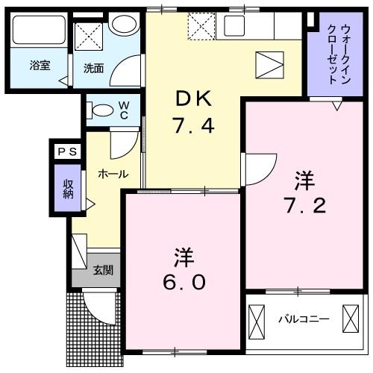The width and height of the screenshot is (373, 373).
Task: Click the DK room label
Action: point(195,98)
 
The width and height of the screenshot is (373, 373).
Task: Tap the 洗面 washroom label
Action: point(93,69)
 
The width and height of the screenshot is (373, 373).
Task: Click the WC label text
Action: point(124,110)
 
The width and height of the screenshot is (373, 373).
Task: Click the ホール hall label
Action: point(113,175)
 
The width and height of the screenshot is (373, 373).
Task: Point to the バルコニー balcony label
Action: point(304,319)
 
